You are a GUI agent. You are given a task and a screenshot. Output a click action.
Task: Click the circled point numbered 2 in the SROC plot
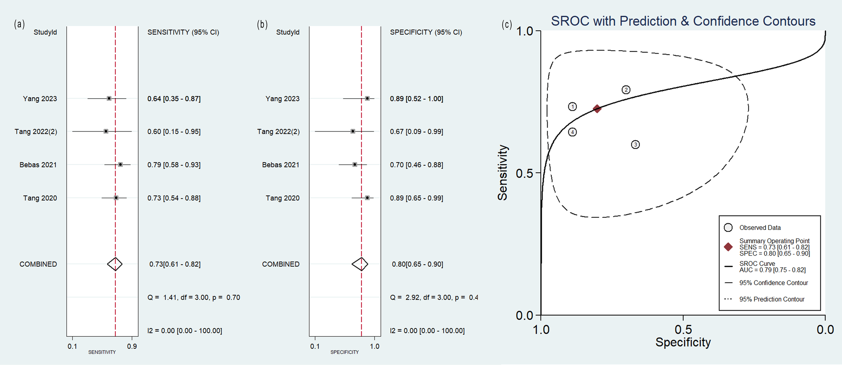pyautogui.click(x=626, y=90)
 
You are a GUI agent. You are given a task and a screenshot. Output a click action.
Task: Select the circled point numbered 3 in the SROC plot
pyautogui.click(x=635, y=144)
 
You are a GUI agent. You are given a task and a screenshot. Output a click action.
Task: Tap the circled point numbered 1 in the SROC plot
pyautogui.click(x=572, y=107)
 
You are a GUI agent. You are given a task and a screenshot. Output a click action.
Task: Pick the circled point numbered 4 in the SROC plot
pyautogui.click(x=572, y=132)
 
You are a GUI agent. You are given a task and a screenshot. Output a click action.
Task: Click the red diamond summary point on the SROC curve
pyautogui.click(x=597, y=109)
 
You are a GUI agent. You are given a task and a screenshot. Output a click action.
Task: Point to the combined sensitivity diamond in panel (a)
pyautogui.click(x=115, y=264)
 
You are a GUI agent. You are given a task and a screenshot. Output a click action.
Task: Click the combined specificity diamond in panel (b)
pyautogui.click(x=360, y=264)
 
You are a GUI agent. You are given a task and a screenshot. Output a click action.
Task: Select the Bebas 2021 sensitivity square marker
pyautogui.click(x=120, y=164)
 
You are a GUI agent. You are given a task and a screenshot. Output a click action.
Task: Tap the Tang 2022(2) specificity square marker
pyautogui.click(x=353, y=131)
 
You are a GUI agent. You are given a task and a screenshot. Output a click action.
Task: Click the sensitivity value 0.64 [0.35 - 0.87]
pyautogui.click(x=174, y=99)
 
